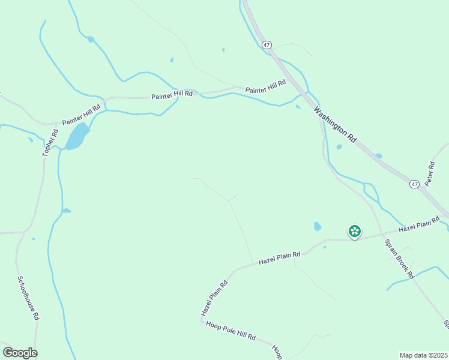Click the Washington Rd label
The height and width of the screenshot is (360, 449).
point(336,125)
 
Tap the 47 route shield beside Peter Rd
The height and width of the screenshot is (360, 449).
point(415,184)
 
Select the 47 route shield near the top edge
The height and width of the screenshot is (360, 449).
point(267,45)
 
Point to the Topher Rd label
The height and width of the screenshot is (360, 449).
point(49,143)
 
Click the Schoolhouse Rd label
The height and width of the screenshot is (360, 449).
point(28,298)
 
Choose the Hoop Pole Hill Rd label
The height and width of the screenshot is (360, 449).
point(231,331)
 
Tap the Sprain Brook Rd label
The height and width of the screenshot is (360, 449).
point(399,259)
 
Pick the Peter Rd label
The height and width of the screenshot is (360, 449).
point(429,173)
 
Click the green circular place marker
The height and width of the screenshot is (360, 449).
point(355,231)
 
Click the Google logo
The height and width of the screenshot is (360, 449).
point(20,353)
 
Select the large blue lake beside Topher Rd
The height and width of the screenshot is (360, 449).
point(77,137)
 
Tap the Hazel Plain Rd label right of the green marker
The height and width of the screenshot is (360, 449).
point(415,227)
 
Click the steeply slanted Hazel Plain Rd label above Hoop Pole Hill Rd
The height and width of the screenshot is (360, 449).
point(215,298)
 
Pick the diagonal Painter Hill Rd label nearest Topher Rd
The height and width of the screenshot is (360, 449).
point(80,113)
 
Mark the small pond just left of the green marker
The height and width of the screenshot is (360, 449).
point(317,226)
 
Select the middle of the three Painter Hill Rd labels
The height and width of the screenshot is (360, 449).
point(172,95)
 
